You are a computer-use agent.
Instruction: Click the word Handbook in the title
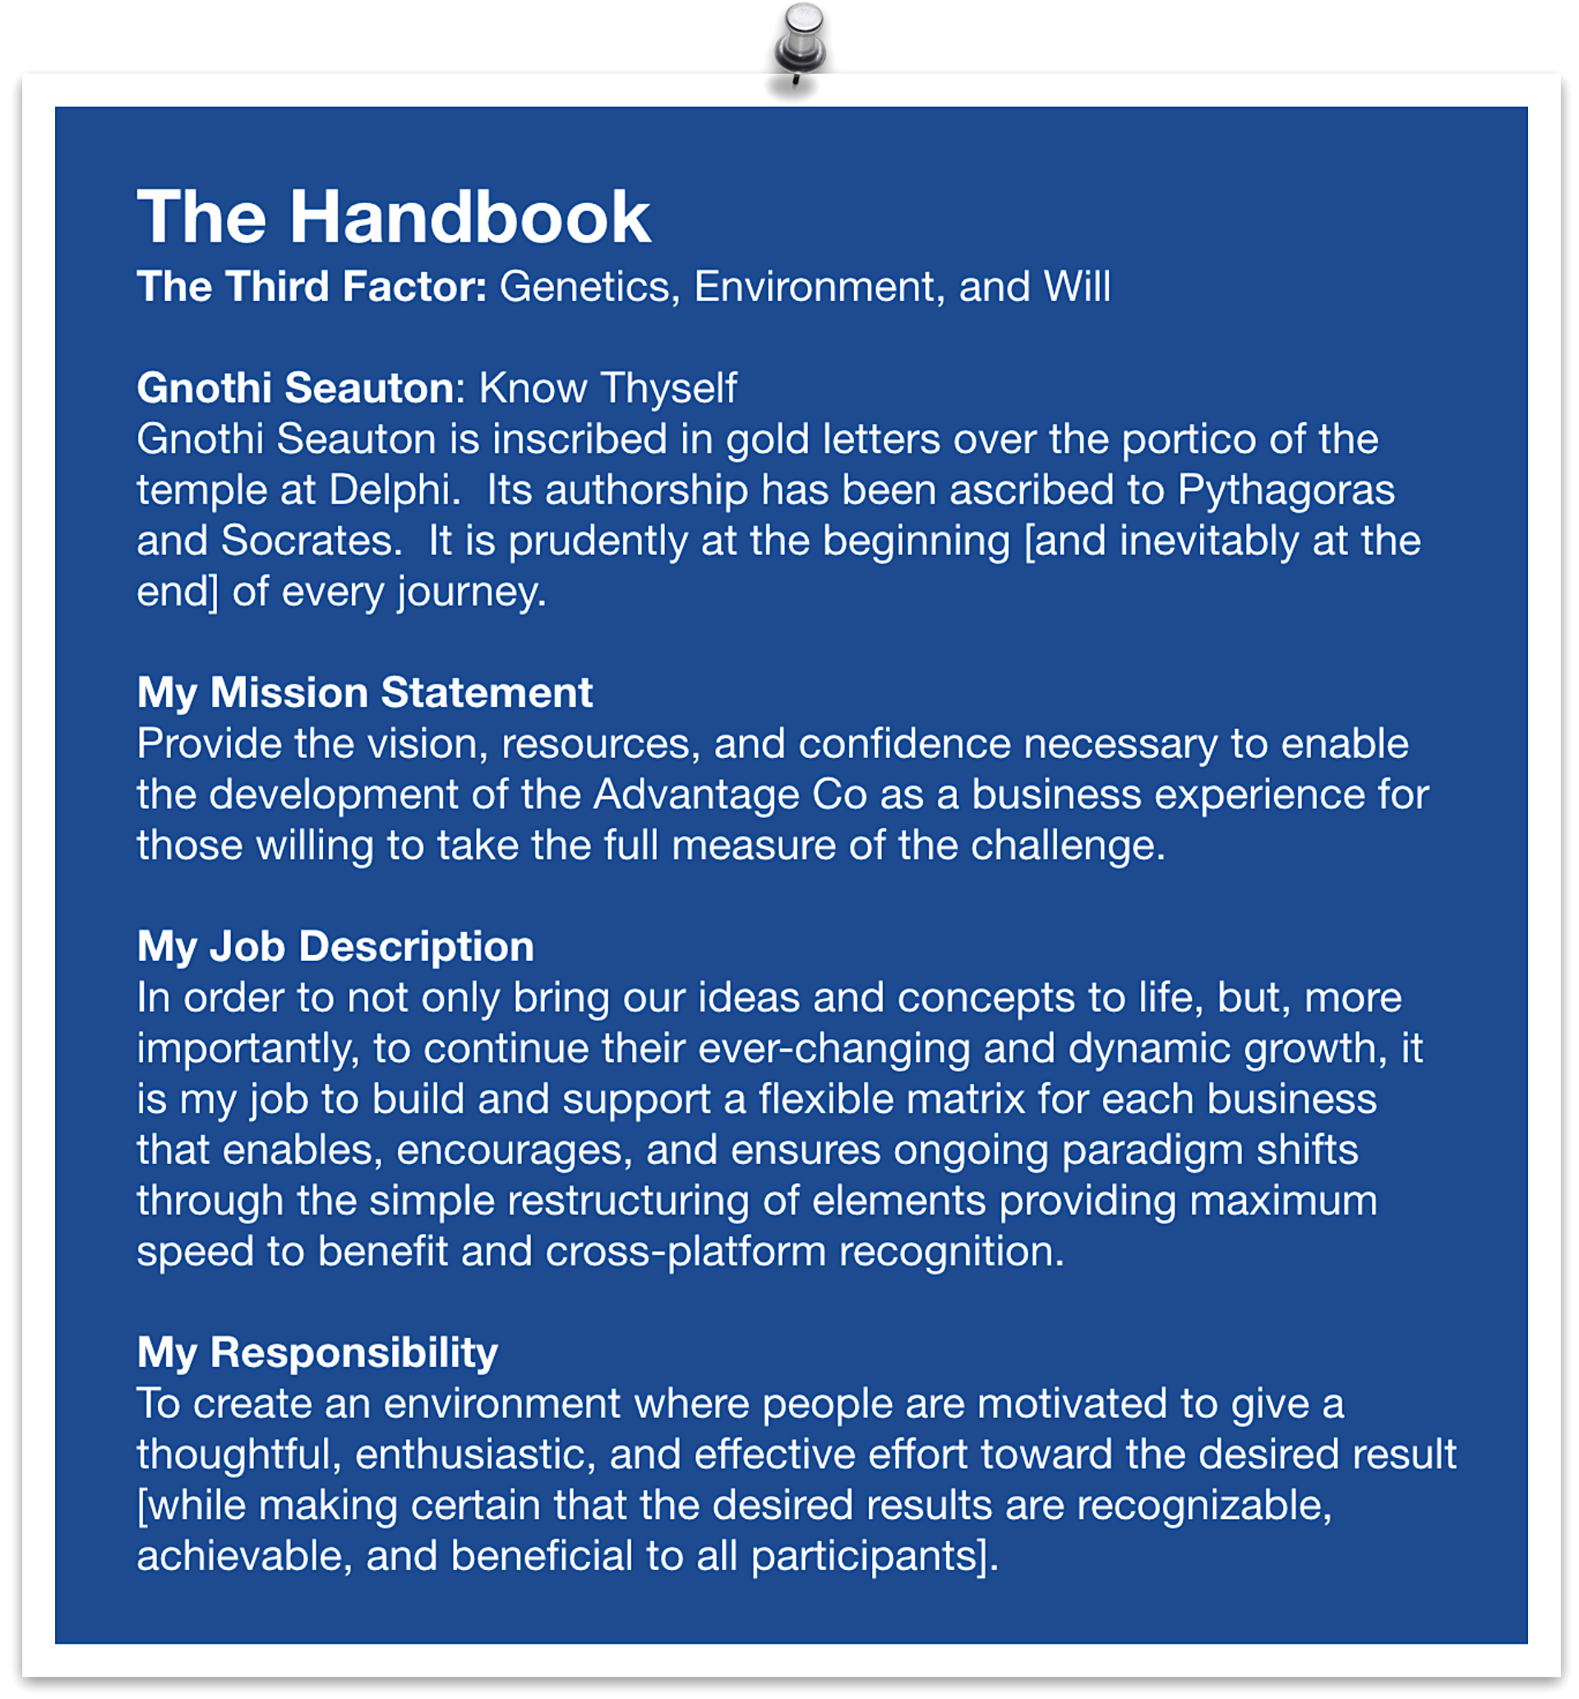(470, 217)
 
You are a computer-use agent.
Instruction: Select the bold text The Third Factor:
(311, 286)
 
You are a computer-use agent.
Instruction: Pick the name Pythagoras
(1286, 490)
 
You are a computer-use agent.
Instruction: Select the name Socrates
(311, 541)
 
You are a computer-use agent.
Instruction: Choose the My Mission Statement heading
(364, 692)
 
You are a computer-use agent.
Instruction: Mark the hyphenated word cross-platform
(686, 1252)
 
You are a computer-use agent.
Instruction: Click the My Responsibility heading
(317, 1353)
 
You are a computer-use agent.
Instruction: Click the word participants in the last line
(870, 1556)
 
